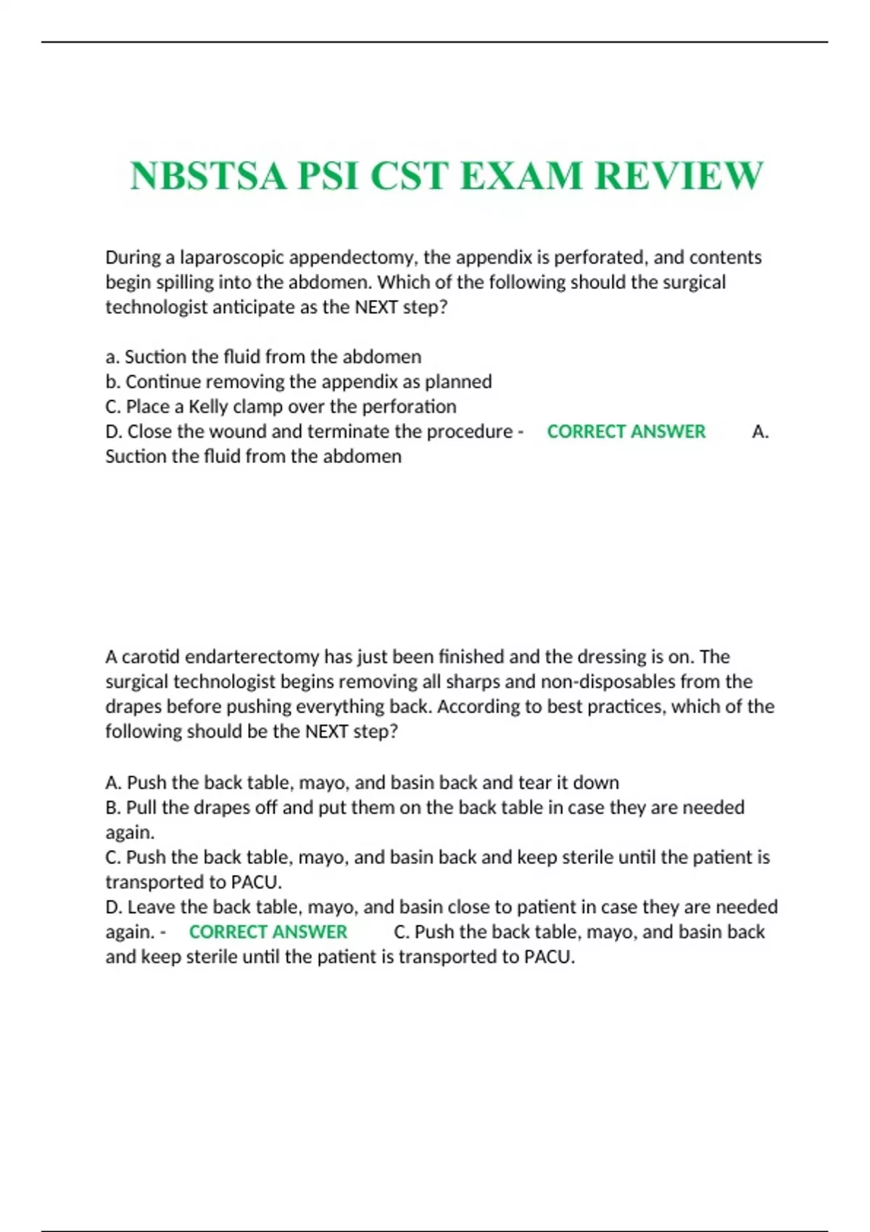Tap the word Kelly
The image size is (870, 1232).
click(208, 406)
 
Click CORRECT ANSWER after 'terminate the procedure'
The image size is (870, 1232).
click(626, 431)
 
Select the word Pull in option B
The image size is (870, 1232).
click(142, 807)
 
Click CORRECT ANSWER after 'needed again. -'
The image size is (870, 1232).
click(268, 931)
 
